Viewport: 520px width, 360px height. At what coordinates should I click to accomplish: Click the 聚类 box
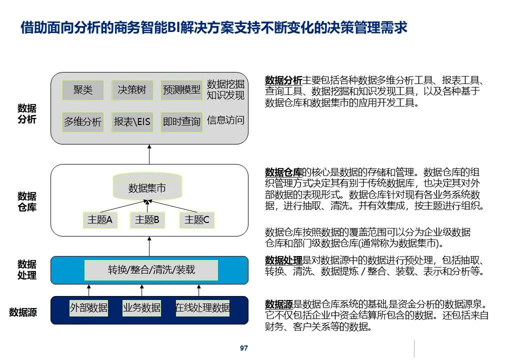[x=83, y=90]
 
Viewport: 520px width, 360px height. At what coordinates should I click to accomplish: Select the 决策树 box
[x=132, y=90]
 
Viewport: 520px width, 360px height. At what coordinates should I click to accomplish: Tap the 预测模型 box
[x=181, y=90]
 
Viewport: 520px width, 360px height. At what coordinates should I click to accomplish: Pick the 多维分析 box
[x=83, y=121]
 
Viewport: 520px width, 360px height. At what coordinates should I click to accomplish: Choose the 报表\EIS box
[x=132, y=121]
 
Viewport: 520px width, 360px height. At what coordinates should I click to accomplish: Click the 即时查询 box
[x=181, y=121]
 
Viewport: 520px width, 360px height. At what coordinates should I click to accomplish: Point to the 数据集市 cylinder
[x=147, y=187]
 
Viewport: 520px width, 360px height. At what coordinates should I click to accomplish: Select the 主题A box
[x=100, y=219]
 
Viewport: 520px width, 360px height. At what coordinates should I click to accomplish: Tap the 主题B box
[x=147, y=219]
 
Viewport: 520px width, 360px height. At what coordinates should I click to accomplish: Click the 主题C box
[x=197, y=219]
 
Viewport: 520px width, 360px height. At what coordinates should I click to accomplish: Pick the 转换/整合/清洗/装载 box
[x=151, y=270]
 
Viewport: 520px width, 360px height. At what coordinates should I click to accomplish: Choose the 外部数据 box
[x=89, y=308]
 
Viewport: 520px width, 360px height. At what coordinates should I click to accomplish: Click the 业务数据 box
[x=142, y=308]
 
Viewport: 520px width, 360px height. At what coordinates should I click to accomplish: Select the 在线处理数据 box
[x=202, y=308]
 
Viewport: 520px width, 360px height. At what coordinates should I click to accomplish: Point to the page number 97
[x=244, y=348]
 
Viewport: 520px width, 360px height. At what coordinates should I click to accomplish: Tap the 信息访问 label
[x=225, y=120]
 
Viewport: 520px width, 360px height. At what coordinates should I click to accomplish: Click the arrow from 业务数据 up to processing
[x=142, y=290]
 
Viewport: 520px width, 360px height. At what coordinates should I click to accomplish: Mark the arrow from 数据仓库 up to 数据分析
[x=149, y=153]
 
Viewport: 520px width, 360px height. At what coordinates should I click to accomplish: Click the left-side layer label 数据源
[x=23, y=313]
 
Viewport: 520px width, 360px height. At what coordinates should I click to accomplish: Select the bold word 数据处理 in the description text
[x=283, y=260]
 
